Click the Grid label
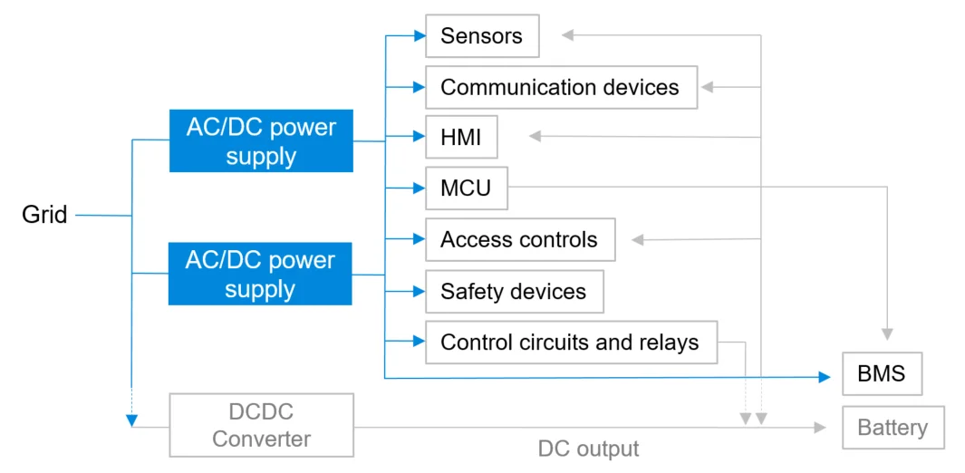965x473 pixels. click(x=44, y=216)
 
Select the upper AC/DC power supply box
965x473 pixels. click(x=261, y=141)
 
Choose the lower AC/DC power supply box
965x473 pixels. click(x=260, y=275)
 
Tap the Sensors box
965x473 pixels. click(x=481, y=36)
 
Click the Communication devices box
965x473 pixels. click(x=561, y=87)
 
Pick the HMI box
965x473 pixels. click(x=461, y=138)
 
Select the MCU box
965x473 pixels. click(x=466, y=188)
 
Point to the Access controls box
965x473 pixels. click(x=519, y=240)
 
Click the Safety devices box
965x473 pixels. click(x=514, y=292)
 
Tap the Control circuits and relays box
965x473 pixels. click(x=571, y=343)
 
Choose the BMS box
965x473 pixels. click(x=882, y=373)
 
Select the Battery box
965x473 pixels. click(x=893, y=428)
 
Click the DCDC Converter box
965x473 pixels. click(x=261, y=425)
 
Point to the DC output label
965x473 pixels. click(x=588, y=449)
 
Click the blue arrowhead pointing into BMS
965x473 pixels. click(x=825, y=377)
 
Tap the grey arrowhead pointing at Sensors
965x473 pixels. click(x=567, y=35)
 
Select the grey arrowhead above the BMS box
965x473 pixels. click(x=887, y=333)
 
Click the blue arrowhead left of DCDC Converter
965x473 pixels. click(x=132, y=420)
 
